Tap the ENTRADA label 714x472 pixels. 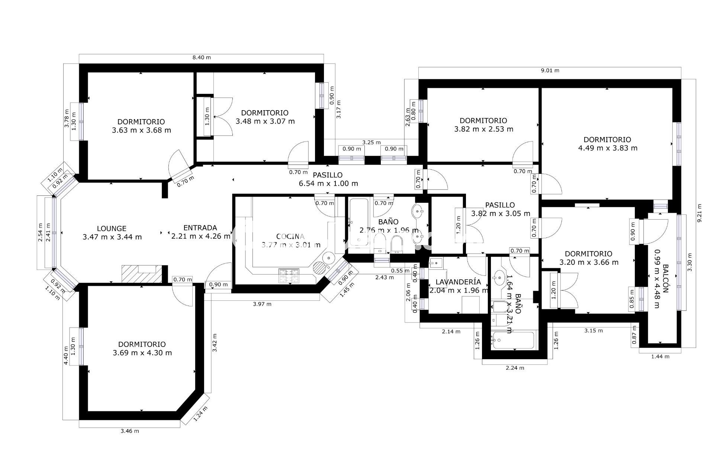[x=200, y=228]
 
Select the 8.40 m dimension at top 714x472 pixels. [x=202, y=57]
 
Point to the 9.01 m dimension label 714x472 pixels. [x=550, y=70]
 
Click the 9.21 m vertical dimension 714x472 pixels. [x=699, y=213]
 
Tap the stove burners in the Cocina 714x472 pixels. [x=289, y=276]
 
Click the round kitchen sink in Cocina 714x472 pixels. [x=328, y=257]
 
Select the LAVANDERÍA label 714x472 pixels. [x=458, y=282]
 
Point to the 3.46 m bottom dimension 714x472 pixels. [x=130, y=431]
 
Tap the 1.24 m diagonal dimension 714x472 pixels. [x=200, y=414]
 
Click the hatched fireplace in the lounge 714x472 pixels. [x=141, y=274]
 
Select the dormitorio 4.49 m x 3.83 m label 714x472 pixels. [x=607, y=144]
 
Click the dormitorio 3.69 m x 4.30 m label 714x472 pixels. [x=142, y=349]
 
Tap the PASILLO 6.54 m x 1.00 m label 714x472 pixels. [x=328, y=179]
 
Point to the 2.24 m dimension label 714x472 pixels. [x=515, y=368]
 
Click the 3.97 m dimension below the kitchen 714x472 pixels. [x=262, y=304]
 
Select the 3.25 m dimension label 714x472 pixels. [x=371, y=142]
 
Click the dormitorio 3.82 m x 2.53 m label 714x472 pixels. [x=483, y=125]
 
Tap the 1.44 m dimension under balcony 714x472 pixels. [x=660, y=356]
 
